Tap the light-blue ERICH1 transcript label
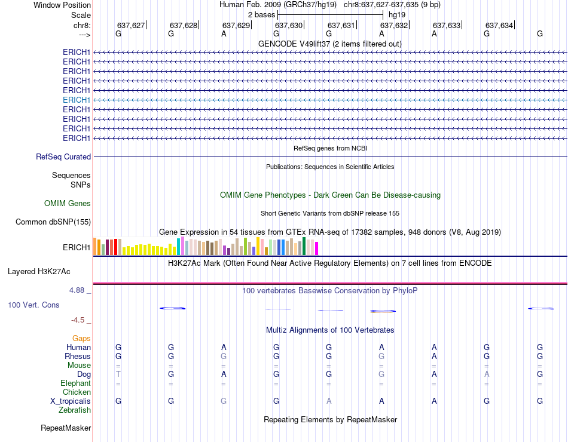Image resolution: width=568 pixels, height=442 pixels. [x=77, y=100]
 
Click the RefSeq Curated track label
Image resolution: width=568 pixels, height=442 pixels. [x=63, y=157]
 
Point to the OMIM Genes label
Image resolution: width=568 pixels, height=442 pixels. [x=68, y=204]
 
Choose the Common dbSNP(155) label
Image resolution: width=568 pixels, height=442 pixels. [x=53, y=222]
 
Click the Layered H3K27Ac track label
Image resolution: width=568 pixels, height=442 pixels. [x=39, y=271]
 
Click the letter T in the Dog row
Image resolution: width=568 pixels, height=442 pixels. [x=118, y=374]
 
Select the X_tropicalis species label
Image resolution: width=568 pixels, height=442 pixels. [x=71, y=401]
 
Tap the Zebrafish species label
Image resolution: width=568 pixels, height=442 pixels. [x=75, y=410]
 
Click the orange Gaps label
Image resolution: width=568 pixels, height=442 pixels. [x=81, y=338]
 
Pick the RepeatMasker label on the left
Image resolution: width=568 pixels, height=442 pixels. [x=66, y=428]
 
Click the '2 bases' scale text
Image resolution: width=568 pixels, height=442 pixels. [x=261, y=14]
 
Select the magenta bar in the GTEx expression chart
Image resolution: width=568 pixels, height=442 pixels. [x=317, y=248]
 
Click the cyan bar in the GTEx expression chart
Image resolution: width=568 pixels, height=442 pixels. [x=178, y=246]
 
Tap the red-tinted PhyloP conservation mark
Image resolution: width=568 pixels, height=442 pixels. [x=382, y=311]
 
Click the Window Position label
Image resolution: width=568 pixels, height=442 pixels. [x=62, y=5]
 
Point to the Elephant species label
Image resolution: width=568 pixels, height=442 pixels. [x=75, y=383]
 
